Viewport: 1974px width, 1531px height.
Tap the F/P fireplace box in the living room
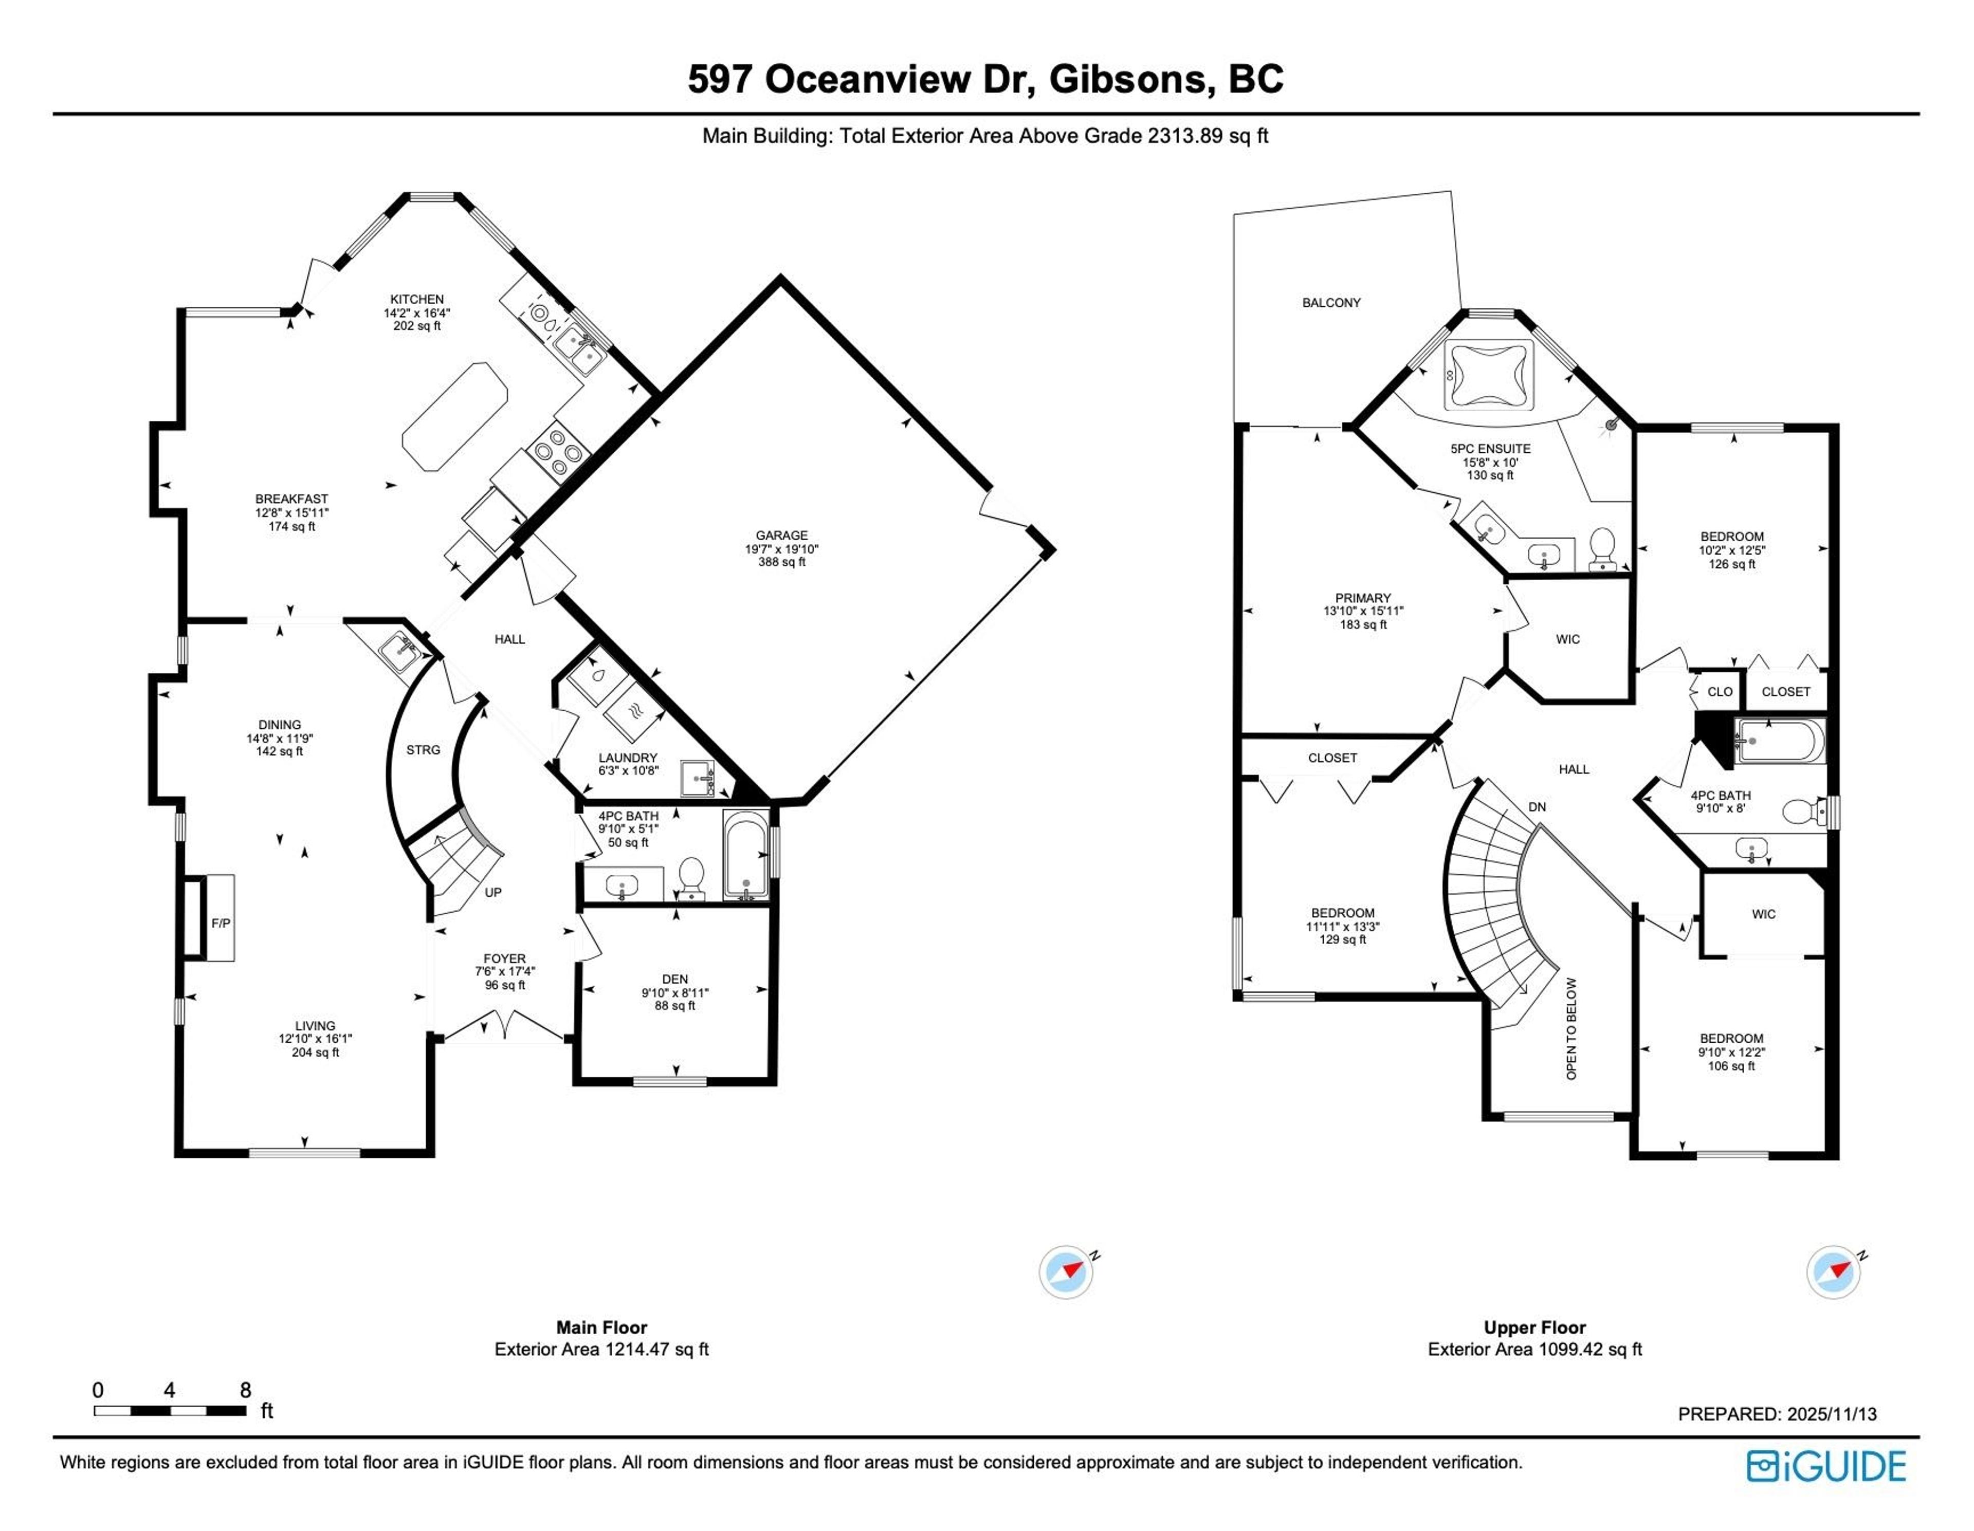220,923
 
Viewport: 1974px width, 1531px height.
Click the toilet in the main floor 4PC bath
691,877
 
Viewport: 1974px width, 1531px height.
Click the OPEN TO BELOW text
1571,1028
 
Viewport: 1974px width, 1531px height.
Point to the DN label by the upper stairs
1537,807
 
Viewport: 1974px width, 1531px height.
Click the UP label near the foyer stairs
492,892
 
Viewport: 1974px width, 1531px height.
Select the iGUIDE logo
1826,1466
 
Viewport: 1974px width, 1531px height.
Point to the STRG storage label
423,749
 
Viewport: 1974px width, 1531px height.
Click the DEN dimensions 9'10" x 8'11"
675,992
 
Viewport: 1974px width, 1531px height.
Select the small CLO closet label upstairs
1719,691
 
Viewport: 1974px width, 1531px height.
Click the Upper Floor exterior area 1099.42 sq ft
1534,1350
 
